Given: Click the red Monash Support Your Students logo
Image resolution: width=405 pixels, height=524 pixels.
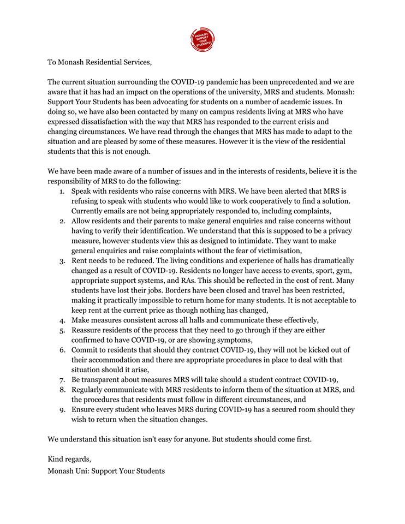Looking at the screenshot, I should coord(202,40).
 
